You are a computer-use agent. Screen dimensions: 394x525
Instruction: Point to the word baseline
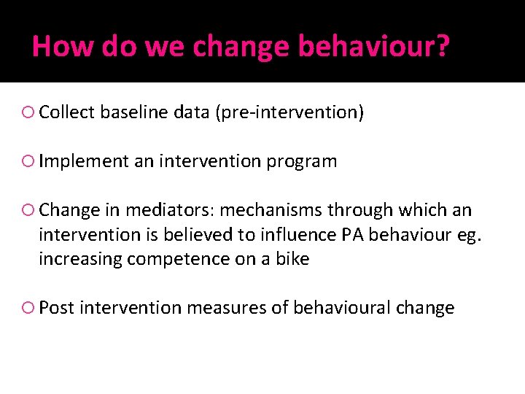(x=131, y=112)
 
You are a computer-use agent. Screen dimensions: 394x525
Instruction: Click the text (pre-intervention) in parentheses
(x=289, y=112)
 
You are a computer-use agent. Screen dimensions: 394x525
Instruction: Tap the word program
(x=302, y=162)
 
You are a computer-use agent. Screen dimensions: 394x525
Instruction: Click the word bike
(x=292, y=259)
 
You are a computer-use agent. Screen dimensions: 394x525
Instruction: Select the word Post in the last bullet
(x=57, y=308)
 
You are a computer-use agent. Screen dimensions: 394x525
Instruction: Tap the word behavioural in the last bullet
(x=341, y=308)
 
